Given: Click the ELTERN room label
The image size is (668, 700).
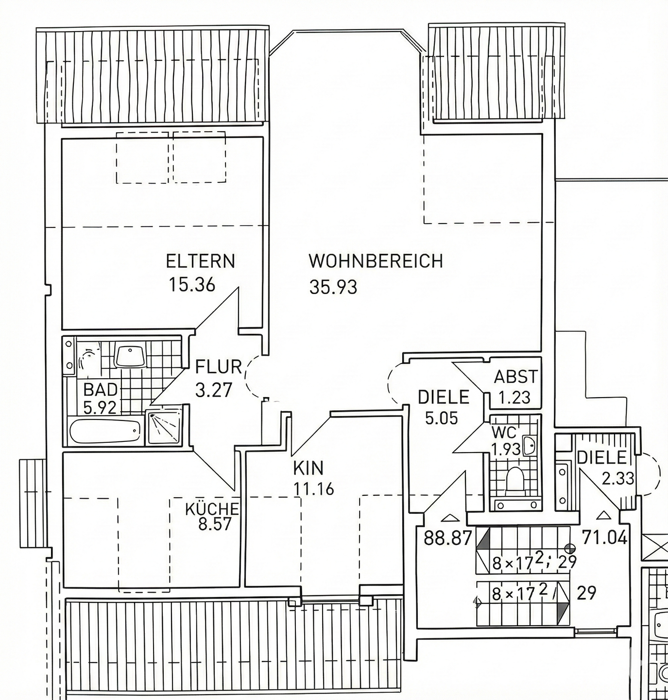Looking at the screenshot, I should pos(200,262).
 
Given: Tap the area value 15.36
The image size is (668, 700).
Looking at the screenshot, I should pos(191,284).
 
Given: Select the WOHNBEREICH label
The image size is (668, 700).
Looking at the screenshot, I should pos(376,262).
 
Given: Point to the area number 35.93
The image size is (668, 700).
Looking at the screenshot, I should pos(333,287).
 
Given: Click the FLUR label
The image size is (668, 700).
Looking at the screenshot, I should pos(218,367).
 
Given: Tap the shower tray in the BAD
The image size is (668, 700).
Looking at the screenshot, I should pos(165,428).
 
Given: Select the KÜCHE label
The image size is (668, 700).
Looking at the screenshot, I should pos(212,509).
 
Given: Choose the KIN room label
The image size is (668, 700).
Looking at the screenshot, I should pos(308,468).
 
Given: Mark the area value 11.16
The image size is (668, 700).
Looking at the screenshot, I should pos(314,489).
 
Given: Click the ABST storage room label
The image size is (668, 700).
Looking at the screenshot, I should pos(516,377).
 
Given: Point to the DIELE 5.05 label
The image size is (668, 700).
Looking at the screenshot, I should pos(444,397).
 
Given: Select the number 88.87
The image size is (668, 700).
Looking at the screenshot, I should pos(448,539).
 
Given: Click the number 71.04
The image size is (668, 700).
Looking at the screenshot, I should pos(604,538).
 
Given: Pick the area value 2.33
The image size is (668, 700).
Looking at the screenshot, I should pos(618,479).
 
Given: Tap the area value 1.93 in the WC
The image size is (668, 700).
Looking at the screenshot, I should pos(506,449).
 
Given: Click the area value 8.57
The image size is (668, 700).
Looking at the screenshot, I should pos(215,525).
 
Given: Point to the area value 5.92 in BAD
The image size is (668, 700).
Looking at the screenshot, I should pos(100,407).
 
